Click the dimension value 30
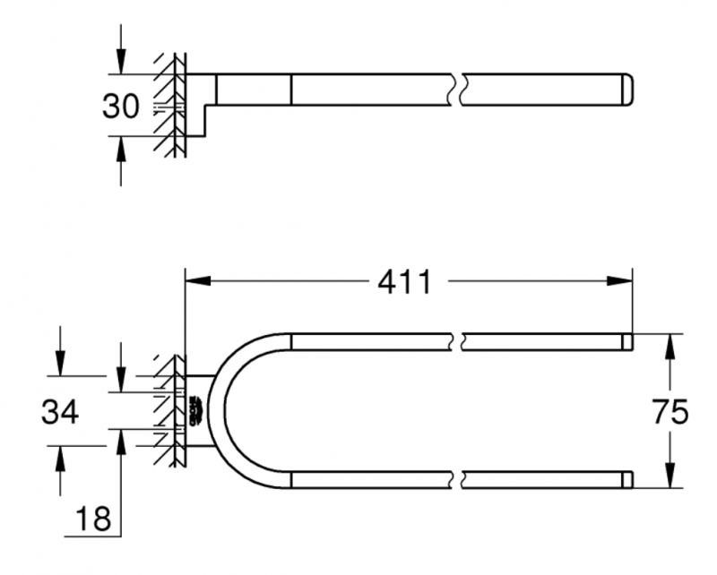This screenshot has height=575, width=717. coord(120,107)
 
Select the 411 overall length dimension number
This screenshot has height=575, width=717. coord(403,283)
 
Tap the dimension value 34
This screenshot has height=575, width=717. coord(60,413)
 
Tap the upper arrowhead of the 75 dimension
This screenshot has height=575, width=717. coord(668,344)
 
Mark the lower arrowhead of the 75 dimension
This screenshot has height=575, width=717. coord(668,478)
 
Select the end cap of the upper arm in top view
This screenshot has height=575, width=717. coord(627,340)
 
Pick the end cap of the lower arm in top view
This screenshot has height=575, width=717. coord(627,481)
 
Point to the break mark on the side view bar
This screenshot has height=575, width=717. coord(460,90)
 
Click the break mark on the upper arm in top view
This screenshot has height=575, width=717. coord(460,340)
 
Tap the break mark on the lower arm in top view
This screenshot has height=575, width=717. coord(460,481)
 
